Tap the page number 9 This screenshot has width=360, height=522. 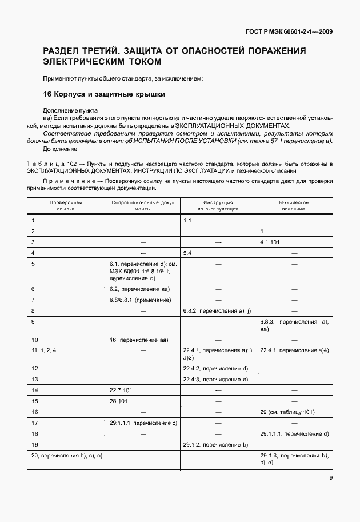pos(331,479)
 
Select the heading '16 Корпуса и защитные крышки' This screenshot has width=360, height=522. pos(104,94)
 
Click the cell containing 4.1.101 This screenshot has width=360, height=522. pos(271,242)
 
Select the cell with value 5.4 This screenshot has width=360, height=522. pos(188,252)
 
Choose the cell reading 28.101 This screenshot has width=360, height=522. pos(118,401)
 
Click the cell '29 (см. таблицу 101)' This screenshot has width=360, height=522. pos(287,412)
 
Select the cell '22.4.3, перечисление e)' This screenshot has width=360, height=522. pos(215,379)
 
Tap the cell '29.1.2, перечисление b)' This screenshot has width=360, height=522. pos(215,444)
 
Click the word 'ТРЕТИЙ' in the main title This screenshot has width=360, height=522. pos(127,51)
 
